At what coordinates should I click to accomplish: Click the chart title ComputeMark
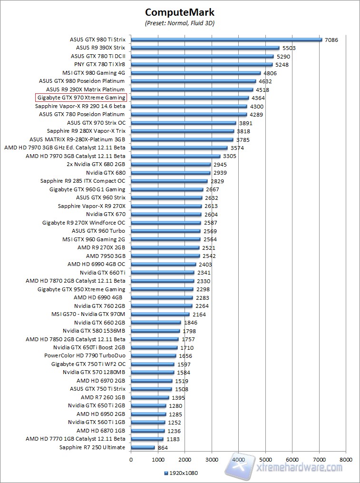(x=180, y=12)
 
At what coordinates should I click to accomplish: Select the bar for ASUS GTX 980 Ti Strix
(x=226, y=40)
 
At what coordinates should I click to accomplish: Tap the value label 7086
(x=331, y=40)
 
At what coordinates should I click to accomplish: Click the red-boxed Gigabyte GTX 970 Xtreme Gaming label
(x=81, y=98)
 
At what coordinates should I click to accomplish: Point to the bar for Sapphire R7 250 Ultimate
(x=143, y=448)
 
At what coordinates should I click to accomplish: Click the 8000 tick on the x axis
(x=346, y=460)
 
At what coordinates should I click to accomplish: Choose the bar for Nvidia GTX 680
(x=170, y=173)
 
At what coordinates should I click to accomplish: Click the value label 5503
(x=289, y=48)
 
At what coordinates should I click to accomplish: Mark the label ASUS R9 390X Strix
(x=100, y=48)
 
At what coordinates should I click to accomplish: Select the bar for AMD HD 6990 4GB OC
(x=163, y=265)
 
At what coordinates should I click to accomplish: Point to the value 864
(x=163, y=448)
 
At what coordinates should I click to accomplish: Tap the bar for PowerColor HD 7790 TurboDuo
(x=153, y=356)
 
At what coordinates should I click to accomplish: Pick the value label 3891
(x=246, y=123)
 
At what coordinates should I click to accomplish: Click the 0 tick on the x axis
(x=131, y=460)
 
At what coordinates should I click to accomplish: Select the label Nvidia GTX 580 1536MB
(x=94, y=331)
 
